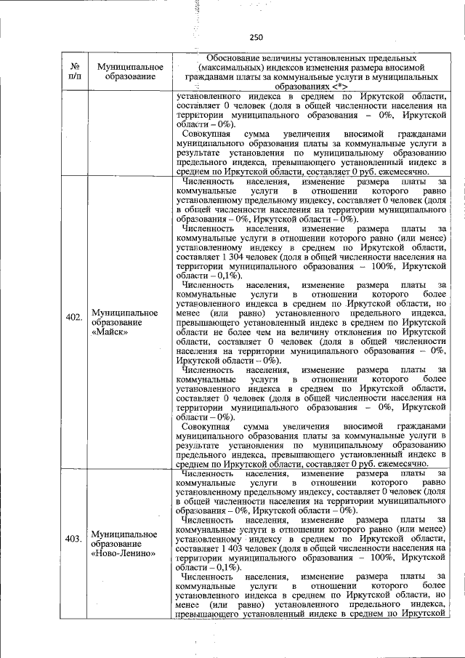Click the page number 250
click(255, 37)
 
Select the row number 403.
click(73, 539)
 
